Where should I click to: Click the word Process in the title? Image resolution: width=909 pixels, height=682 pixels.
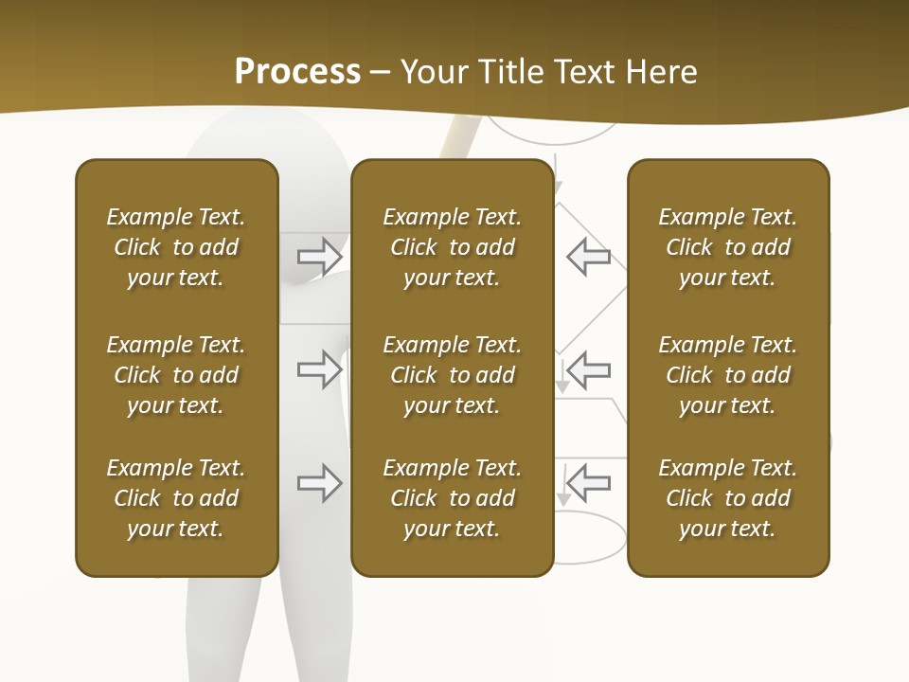click(x=297, y=72)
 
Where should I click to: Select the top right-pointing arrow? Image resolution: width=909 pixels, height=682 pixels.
click(x=320, y=256)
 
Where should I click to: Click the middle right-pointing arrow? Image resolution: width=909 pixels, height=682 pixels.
click(x=320, y=369)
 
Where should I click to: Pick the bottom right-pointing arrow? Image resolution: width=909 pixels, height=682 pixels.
click(x=320, y=483)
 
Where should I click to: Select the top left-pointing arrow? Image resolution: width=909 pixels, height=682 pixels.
click(x=588, y=256)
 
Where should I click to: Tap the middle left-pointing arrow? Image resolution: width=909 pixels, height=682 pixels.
click(x=588, y=369)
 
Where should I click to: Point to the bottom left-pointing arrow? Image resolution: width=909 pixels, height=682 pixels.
click(x=588, y=483)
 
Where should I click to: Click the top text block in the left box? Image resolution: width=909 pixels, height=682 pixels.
click(x=176, y=247)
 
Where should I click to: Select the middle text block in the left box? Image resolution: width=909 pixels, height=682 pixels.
click(x=176, y=375)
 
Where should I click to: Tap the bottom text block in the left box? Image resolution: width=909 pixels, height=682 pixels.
click(x=176, y=498)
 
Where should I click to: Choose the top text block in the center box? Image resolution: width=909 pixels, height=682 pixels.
click(x=452, y=247)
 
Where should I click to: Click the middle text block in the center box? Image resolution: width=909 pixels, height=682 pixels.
click(x=452, y=375)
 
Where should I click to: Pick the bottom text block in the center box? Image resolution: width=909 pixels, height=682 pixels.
click(x=452, y=498)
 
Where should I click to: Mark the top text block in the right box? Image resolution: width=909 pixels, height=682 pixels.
click(x=727, y=247)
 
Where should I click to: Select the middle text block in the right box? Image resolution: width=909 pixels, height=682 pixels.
click(x=727, y=375)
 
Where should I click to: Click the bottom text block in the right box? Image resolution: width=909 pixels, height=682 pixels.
click(x=727, y=498)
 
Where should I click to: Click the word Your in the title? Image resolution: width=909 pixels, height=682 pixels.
click(x=432, y=72)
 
